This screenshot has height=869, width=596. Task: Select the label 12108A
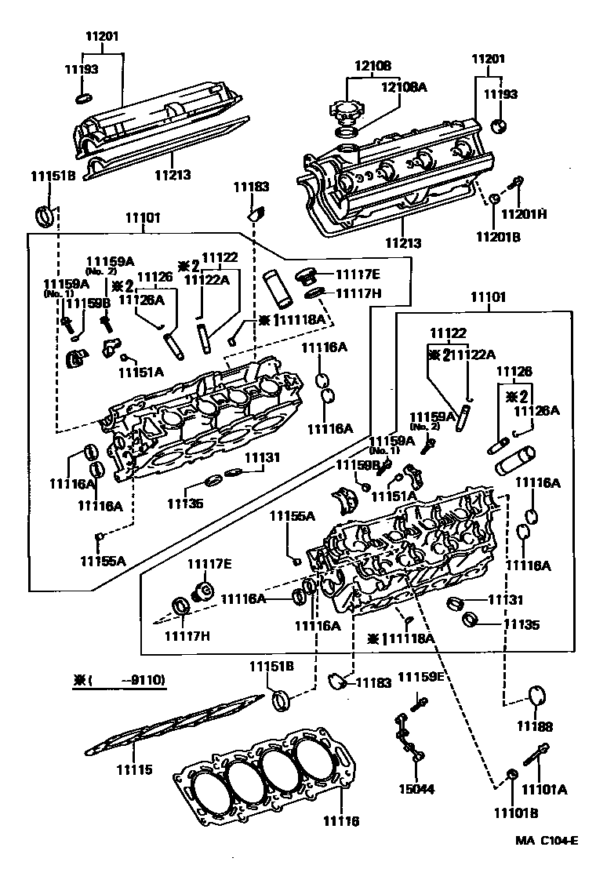click(404, 87)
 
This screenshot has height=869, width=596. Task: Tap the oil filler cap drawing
click(346, 114)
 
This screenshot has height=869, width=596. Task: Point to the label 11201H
click(524, 213)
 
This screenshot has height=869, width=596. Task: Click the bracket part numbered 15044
click(407, 736)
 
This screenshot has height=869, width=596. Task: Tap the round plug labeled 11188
click(537, 695)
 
